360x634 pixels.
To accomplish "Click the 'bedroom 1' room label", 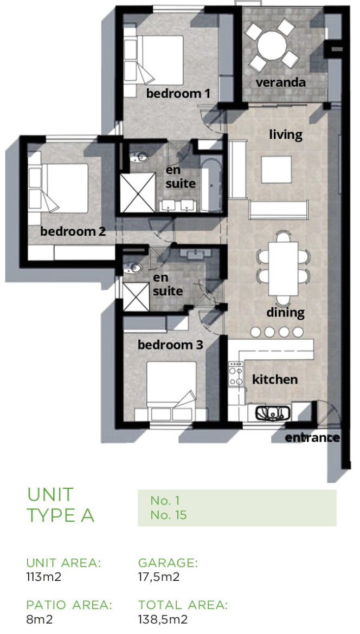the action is [x=178, y=94].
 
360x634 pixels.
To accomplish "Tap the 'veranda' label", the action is [x=280, y=82].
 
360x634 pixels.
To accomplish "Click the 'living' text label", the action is [x=286, y=134].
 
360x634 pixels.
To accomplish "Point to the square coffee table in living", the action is [x=277, y=170].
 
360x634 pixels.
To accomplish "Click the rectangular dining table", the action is [x=284, y=268].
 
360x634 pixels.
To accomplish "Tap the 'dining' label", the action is [x=285, y=313].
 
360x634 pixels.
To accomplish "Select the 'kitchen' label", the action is [x=275, y=379].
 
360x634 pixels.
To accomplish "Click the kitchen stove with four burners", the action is [x=236, y=373].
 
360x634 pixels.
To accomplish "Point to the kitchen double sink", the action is [x=273, y=413].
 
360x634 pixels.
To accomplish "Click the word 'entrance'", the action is [x=312, y=437].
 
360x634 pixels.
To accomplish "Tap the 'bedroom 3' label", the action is [x=170, y=345].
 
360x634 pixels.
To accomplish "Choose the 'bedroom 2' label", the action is [x=73, y=232].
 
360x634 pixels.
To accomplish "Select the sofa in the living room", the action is [x=279, y=210].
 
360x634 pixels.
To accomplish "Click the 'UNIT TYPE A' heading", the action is [x=61, y=505].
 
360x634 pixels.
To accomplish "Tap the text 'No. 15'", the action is [x=168, y=515].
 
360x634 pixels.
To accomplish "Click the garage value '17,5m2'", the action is [x=159, y=577].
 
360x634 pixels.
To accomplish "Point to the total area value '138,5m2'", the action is [x=163, y=619].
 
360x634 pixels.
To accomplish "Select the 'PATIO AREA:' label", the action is [x=69, y=605].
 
